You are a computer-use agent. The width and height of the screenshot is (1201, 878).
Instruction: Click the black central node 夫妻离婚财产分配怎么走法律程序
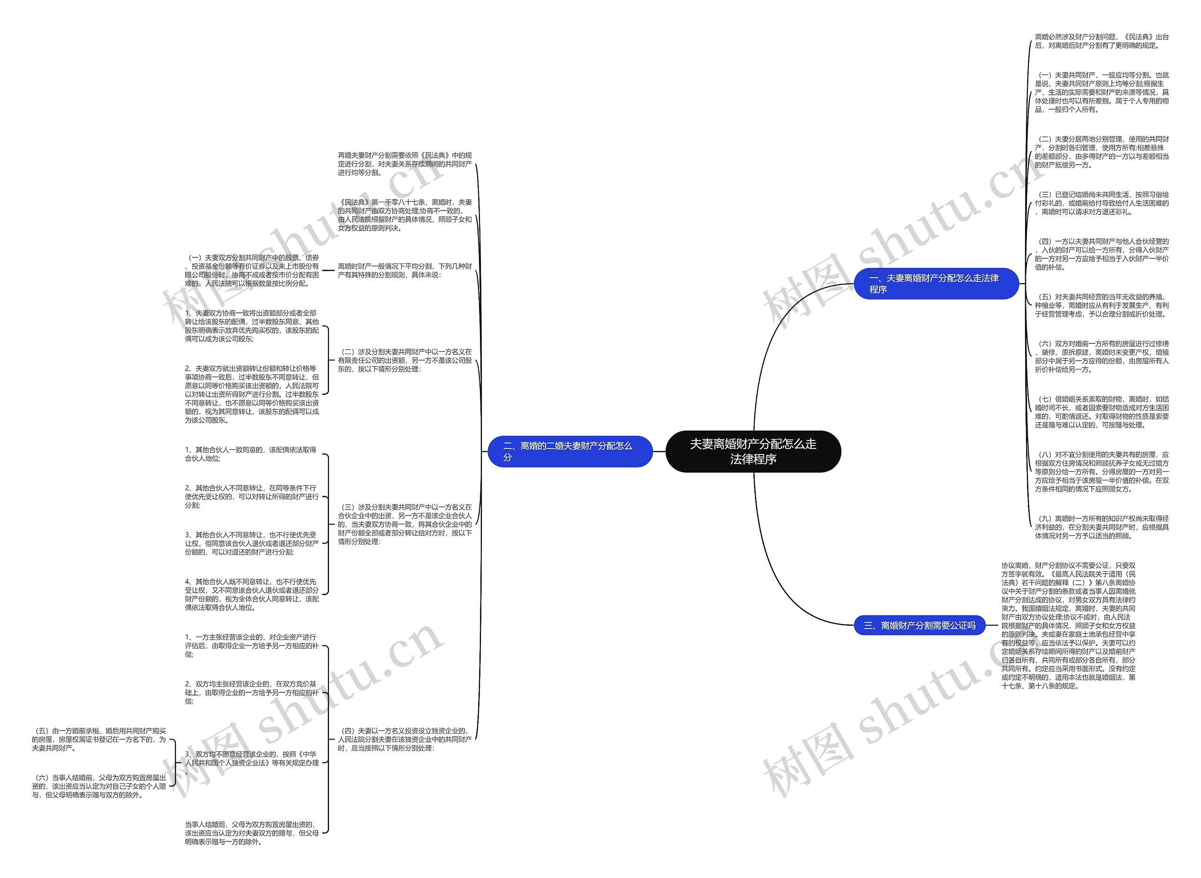click(x=753, y=451)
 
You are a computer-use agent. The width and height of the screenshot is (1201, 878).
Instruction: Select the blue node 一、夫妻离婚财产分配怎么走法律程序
click(x=936, y=283)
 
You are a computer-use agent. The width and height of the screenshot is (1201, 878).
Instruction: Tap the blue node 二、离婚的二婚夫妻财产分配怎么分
click(x=570, y=451)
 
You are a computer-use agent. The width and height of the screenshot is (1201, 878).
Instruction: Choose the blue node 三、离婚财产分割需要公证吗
click(x=919, y=626)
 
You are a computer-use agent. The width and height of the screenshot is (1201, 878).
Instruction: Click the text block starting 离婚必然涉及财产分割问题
click(x=1101, y=41)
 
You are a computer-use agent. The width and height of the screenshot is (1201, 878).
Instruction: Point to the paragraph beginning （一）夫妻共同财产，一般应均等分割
click(x=1101, y=92)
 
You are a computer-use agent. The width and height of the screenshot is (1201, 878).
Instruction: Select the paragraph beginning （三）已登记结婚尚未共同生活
click(x=1101, y=203)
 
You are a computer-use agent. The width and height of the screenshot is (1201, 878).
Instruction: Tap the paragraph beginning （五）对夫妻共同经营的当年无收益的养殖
click(x=1101, y=306)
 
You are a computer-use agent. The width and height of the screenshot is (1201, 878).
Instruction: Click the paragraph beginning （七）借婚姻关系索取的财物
click(x=1101, y=412)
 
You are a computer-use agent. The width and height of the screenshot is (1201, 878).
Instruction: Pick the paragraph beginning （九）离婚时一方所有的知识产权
click(x=1101, y=527)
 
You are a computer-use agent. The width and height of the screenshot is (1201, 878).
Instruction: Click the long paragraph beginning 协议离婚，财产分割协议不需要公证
click(x=1068, y=626)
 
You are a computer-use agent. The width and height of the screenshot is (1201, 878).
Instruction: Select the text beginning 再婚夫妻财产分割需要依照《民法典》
click(x=404, y=164)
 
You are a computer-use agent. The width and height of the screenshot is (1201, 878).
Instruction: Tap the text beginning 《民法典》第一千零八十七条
click(x=404, y=215)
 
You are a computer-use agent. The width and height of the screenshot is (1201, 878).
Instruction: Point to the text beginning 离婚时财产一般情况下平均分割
click(x=404, y=271)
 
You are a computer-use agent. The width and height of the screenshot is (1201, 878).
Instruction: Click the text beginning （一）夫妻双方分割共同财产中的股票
click(x=252, y=271)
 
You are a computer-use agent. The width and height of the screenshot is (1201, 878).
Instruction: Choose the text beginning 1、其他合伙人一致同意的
click(x=251, y=454)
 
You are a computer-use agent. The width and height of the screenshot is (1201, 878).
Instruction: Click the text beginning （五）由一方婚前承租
click(x=99, y=739)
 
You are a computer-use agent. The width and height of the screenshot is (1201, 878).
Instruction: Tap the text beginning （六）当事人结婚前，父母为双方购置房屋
click(x=99, y=786)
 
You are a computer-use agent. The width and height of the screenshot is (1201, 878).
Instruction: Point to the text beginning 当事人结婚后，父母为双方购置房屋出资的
click(x=251, y=833)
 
